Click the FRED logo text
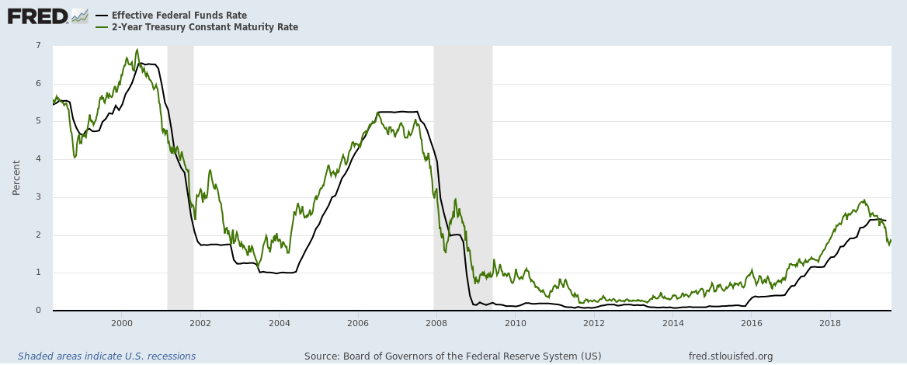(37, 16)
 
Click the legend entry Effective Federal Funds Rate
(179, 15)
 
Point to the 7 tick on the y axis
(38, 46)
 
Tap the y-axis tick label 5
(38, 121)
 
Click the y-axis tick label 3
(38, 197)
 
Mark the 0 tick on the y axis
(38, 311)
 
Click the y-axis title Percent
(16, 178)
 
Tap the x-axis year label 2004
(280, 322)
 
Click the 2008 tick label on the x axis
(436, 322)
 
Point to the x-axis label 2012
(594, 322)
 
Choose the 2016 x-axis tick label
(752, 322)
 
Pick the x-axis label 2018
(830, 322)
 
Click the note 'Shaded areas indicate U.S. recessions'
(106, 356)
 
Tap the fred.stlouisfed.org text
(730, 356)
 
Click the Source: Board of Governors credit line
(453, 356)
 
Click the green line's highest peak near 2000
(137, 50)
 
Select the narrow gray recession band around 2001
(180, 178)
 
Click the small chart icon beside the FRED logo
(80, 16)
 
